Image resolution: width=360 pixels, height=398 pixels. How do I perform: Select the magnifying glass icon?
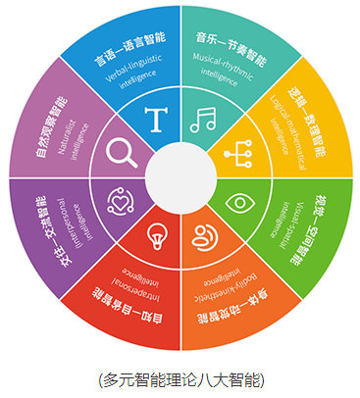pos(123,152)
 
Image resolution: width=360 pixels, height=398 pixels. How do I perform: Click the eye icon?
pos(238,203)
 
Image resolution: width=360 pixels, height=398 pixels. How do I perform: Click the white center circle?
pos(180,177)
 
